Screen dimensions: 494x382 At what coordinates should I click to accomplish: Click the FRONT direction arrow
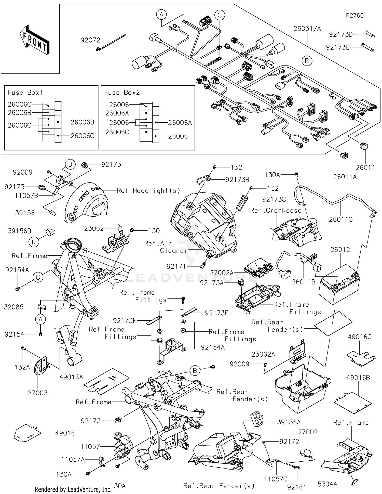coord(35,40)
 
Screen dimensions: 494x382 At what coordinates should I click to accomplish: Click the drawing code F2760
coord(354,16)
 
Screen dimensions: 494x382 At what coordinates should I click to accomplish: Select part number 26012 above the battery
coord(340,250)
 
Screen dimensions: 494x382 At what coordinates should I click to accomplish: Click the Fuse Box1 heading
coord(25,92)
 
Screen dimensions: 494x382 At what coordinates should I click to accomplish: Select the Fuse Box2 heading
coord(122,92)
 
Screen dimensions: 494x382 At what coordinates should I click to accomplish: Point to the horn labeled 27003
coord(40,366)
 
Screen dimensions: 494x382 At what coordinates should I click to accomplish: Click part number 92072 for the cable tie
coord(90,40)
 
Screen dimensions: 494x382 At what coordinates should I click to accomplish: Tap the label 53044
coord(328,484)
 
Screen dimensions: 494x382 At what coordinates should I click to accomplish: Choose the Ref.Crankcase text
coord(276,210)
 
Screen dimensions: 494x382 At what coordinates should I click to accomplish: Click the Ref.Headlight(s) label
coord(148,190)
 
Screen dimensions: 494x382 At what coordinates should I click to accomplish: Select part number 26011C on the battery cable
coord(341,219)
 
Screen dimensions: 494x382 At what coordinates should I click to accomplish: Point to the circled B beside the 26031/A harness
coord(307,61)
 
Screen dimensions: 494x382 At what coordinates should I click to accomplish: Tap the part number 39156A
coord(289,422)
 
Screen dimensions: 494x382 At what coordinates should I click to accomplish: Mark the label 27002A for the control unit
coord(222,273)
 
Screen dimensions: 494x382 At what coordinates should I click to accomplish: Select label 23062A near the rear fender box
coord(263,354)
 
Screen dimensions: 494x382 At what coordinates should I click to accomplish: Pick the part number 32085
coord(14,307)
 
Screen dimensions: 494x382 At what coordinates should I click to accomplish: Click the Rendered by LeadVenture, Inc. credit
coord(73,489)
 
